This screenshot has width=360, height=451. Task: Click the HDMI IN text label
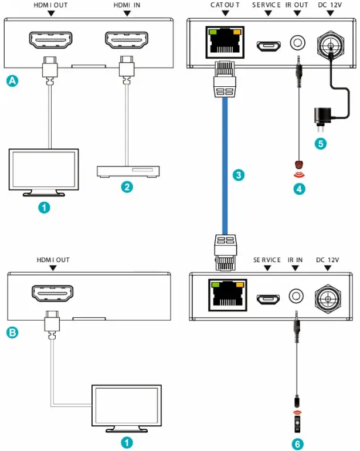pyautogui.click(x=127, y=5)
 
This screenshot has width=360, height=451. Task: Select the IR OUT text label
pyautogui.click(x=296, y=5)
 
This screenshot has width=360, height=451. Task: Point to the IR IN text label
pyautogui.click(x=295, y=259)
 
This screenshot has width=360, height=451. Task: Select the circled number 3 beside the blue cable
pyautogui.click(x=237, y=175)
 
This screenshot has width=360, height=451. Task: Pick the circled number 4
pyautogui.click(x=299, y=189)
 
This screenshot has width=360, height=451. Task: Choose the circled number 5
pyautogui.click(x=320, y=144)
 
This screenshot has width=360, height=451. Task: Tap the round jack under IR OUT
pyautogui.click(x=299, y=43)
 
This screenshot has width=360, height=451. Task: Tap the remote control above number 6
pyautogui.click(x=297, y=421)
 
